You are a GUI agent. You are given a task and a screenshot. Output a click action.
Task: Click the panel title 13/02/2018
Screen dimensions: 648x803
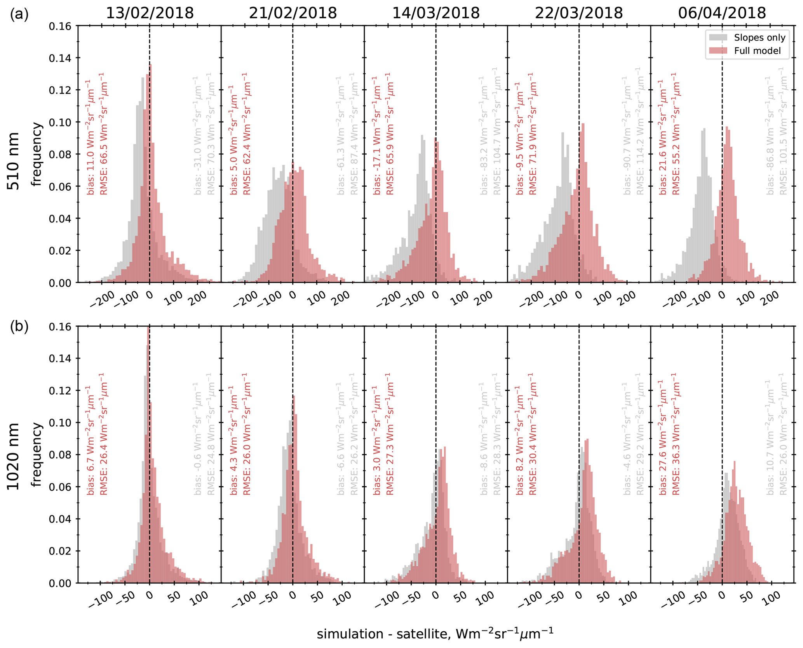pyautogui.click(x=150, y=13)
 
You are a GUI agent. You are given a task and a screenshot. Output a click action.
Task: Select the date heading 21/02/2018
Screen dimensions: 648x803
pyautogui.click(x=293, y=13)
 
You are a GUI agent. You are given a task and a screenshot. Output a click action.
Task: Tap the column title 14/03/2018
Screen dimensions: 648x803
pyautogui.click(x=436, y=13)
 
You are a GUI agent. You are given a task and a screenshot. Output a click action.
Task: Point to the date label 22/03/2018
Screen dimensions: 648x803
pyautogui.click(x=579, y=13)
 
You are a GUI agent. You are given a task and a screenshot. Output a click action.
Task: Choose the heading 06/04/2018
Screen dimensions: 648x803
pyautogui.click(x=722, y=13)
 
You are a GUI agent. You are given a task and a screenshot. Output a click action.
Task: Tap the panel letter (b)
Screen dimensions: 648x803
pyautogui.click(x=19, y=327)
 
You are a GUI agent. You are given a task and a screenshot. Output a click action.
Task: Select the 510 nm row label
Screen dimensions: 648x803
pyautogui.click(x=14, y=161)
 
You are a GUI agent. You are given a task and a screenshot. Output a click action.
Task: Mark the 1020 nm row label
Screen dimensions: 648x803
pyautogui.click(x=14, y=456)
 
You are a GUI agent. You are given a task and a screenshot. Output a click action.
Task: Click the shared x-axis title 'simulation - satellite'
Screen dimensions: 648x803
pyautogui.click(x=435, y=634)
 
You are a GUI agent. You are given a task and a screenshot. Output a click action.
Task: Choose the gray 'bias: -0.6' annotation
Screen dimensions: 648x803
pyautogui.click(x=197, y=439)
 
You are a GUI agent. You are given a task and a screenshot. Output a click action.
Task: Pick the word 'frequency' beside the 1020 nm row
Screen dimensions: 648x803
pyautogui.click(x=37, y=455)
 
